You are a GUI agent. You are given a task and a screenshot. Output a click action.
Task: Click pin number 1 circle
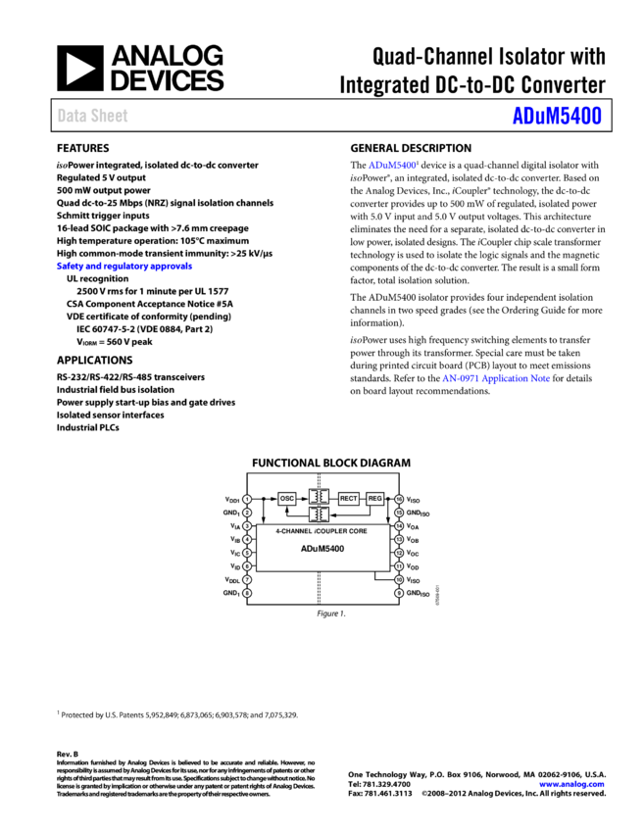[247, 499]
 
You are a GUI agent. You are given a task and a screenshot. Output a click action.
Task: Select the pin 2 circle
[247, 513]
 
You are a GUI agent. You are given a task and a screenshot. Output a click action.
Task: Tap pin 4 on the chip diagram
[247, 539]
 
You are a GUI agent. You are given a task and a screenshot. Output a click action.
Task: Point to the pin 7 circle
[247, 579]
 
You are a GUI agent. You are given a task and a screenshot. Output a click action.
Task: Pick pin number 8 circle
[247, 593]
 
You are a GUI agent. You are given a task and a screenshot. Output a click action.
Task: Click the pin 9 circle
[399, 593]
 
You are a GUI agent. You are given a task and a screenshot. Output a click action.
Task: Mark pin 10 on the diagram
[399, 579]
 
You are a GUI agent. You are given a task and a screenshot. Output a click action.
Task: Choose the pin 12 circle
[399, 553]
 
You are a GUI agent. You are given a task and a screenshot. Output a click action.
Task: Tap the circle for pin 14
[399, 526]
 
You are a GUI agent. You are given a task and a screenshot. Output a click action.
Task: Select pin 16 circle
[399, 499]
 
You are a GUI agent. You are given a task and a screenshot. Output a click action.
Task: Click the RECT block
[348, 498]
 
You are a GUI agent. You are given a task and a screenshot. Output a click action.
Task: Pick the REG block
[374, 498]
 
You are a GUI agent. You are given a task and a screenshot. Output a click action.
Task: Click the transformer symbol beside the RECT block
[319, 497]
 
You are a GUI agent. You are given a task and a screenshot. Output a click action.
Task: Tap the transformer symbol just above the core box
[319, 514]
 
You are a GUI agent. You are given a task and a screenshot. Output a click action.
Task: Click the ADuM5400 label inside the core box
[322, 548]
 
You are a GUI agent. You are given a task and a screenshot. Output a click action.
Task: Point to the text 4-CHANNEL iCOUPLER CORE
[322, 530]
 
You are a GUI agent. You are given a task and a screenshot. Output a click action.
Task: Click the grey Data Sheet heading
[92, 115]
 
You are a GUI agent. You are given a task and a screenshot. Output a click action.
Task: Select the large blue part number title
[557, 116]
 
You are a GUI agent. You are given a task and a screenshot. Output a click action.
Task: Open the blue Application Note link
[496, 377]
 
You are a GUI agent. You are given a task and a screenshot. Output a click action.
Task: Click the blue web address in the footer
[571, 784]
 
